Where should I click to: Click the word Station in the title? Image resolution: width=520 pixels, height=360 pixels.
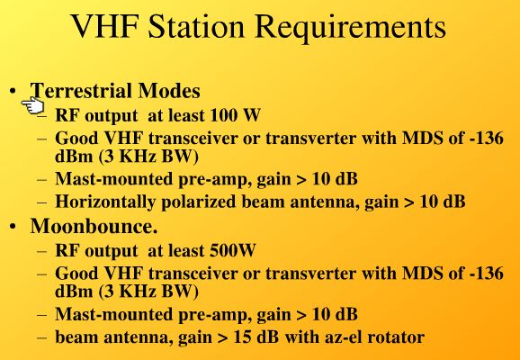click(196, 26)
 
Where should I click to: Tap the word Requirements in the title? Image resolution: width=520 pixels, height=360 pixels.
click(351, 28)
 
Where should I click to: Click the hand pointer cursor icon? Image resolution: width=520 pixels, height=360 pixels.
click(32, 105)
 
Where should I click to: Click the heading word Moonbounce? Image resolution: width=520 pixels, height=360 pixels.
click(94, 226)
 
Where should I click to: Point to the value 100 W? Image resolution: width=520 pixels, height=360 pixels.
click(235, 115)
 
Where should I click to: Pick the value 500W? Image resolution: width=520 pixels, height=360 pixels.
click(233, 250)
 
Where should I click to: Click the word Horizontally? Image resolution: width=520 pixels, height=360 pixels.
click(104, 202)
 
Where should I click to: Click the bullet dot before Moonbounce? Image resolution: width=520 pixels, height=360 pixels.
click(13, 227)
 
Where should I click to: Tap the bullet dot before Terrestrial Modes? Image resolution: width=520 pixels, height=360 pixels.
click(13, 91)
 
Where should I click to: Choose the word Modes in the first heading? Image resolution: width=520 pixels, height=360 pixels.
click(169, 90)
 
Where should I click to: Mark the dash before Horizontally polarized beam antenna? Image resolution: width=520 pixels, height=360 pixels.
click(42, 203)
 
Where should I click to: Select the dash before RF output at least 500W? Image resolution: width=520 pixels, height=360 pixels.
click(42, 251)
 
